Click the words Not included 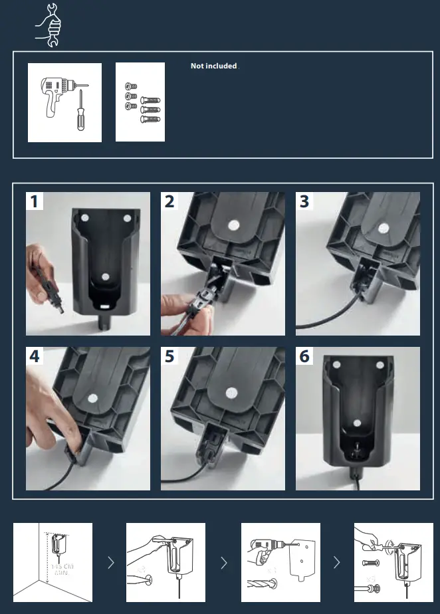click(x=213, y=66)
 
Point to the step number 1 click(x=35, y=201)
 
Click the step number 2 click(x=169, y=201)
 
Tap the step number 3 click(x=304, y=201)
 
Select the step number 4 click(x=35, y=356)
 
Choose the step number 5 click(x=169, y=356)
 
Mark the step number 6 click(x=304, y=356)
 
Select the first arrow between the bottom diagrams click(x=110, y=563)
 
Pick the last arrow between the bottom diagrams click(x=337, y=563)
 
